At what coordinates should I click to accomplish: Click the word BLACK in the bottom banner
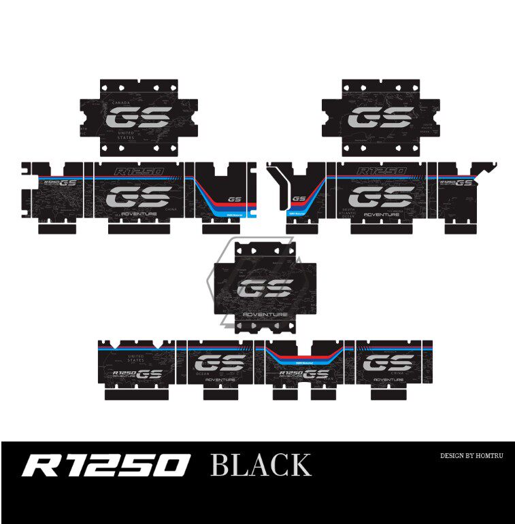(261, 466)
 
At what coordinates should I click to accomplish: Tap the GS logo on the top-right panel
(380, 120)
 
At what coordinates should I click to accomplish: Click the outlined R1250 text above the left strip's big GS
(139, 173)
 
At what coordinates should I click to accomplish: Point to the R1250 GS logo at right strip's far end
(456, 182)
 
